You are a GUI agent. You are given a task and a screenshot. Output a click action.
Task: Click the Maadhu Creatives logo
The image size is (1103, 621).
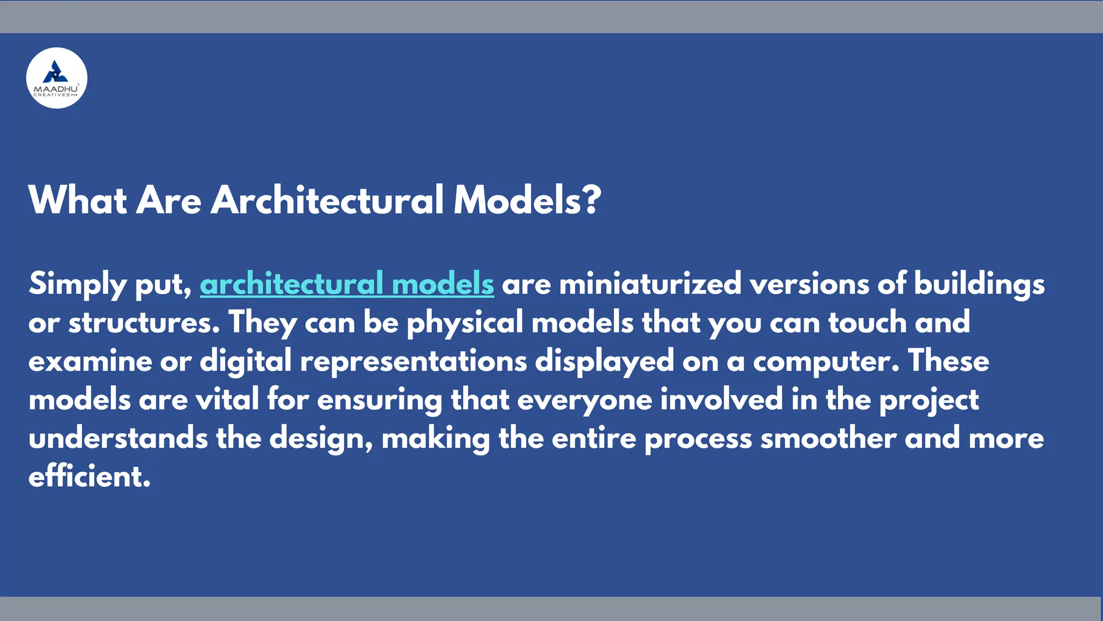tap(57, 78)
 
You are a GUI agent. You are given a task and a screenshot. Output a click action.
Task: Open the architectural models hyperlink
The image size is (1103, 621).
tap(347, 284)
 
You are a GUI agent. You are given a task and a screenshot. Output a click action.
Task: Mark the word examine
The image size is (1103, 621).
tap(90, 361)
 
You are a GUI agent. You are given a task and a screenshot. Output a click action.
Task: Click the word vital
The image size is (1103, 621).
tap(227, 400)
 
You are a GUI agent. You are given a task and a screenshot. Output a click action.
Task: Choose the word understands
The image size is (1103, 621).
tap(118, 438)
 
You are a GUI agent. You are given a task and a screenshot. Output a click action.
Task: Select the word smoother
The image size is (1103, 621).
tap(828, 438)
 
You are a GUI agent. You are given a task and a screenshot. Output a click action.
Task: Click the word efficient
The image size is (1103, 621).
tap(89, 477)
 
